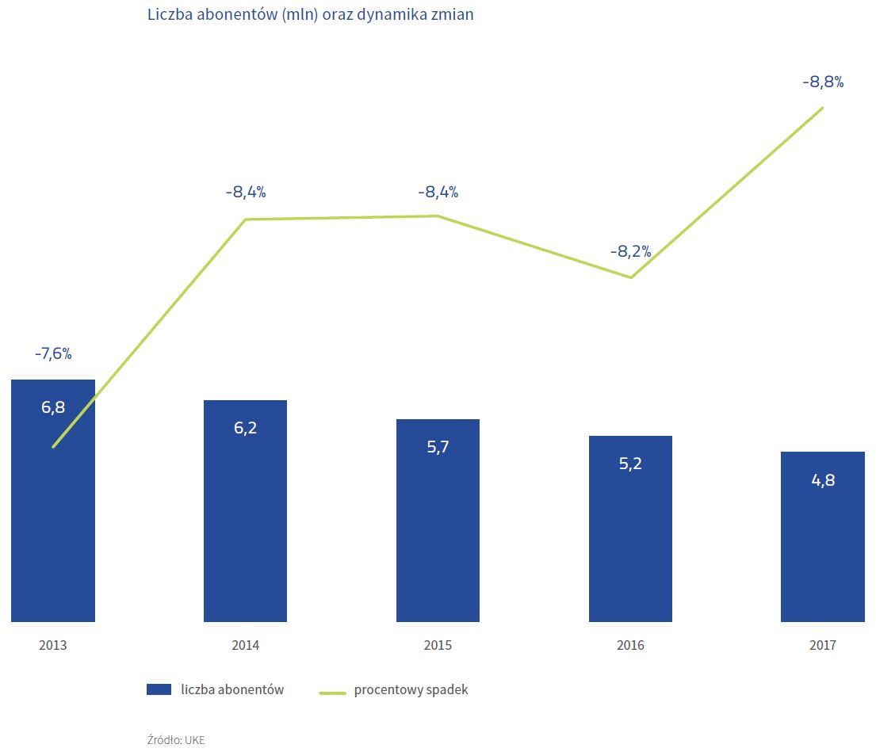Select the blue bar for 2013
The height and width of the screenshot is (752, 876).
point(53,515)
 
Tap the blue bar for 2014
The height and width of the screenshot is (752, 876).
point(245,523)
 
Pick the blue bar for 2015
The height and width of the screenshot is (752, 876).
point(438,531)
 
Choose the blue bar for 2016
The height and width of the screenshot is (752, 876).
point(630,539)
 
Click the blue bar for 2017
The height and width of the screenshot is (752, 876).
point(822,547)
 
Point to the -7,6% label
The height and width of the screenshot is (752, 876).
point(53,354)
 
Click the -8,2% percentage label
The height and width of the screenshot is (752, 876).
point(630,252)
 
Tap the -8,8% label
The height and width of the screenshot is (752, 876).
point(822,82)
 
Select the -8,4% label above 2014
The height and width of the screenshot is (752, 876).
point(245,192)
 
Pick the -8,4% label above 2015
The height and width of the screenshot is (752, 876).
point(438,192)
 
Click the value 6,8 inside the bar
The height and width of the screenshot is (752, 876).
point(53,408)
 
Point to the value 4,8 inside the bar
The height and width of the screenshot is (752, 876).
point(822,479)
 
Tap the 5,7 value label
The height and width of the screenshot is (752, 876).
point(438,447)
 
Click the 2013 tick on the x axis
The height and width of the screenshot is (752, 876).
point(53,645)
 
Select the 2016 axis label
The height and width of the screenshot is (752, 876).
point(630,645)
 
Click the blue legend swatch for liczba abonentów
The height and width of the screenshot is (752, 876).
point(159,689)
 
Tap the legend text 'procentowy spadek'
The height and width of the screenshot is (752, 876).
point(411,689)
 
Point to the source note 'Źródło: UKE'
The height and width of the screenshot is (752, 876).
point(176,739)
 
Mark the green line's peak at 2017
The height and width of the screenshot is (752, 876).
point(823,108)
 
